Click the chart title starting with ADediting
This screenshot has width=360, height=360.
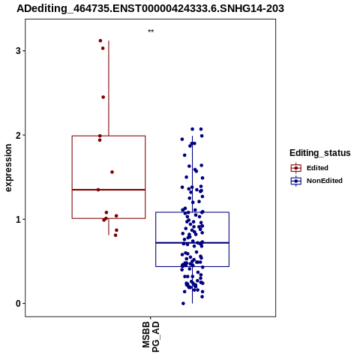point(150,8)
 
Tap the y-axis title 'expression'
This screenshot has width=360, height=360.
point(8,168)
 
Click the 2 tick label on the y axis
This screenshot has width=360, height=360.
point(18,135)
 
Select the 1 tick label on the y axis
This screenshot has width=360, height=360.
point(18,219)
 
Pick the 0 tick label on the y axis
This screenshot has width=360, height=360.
point(18,304)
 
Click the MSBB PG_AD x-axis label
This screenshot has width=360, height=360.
point(151,337)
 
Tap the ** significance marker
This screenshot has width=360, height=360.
point(151,31)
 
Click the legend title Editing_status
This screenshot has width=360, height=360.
point(320,153)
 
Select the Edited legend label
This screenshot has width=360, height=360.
point(317,168)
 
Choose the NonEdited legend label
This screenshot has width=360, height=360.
point(325,181)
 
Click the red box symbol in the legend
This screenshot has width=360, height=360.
point(296,168)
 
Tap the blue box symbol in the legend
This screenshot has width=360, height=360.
point(296,181)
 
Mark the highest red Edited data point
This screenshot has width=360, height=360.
point(100,40)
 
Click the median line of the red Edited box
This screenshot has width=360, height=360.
point(109,190)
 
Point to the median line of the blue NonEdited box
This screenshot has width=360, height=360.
point(192,243)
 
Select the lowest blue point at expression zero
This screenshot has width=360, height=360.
point(183,304)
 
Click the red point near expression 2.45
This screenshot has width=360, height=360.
point(103,97)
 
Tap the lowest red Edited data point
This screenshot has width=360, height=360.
point(115,235)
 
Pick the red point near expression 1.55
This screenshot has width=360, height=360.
point(112,172)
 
